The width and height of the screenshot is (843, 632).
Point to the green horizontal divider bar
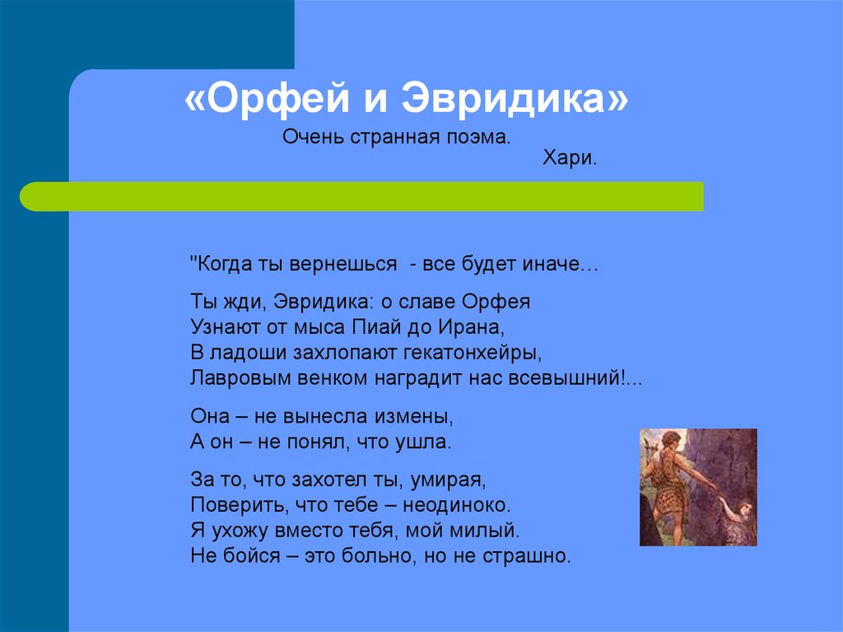coord(362,196)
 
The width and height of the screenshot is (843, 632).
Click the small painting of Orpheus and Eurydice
coord(698,487)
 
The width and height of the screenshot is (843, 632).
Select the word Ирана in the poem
coord(472,327)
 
